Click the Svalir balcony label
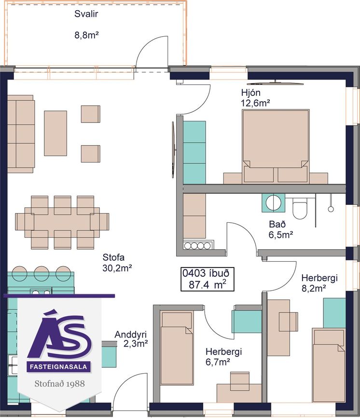pos(86,14)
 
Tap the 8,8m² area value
pos(87,35)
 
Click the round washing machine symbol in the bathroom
pos(273,203)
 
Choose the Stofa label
pos(113,257)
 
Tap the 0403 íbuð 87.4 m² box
pos(208,279)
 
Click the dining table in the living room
pos(62,222)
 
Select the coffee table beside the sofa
pos(55,133)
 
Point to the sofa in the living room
pos(21,134)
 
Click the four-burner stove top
pos(198,245)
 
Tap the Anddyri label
pos(131,335)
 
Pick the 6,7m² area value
pos(218,362)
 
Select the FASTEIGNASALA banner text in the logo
pos(58,367)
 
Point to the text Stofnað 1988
pos(59,384)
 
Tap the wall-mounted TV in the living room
pos(173,150)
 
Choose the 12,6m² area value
pos(255,103)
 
